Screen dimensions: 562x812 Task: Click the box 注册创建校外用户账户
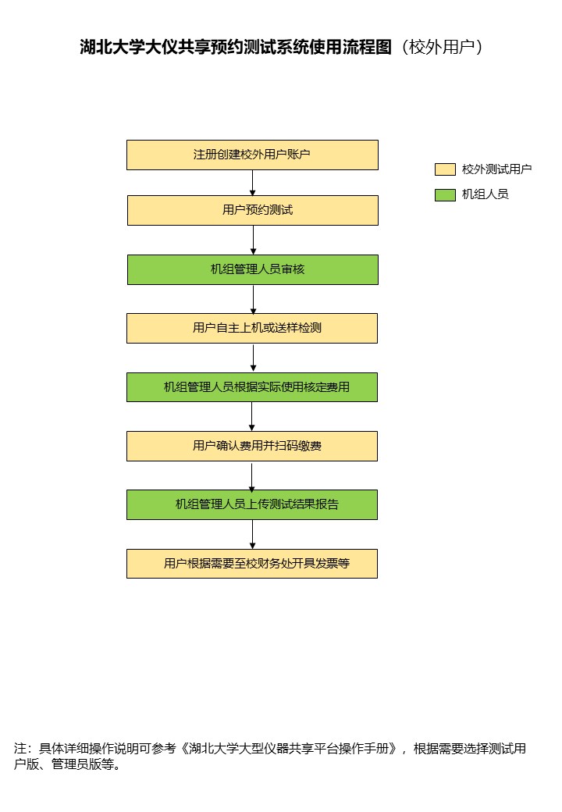point(253,155)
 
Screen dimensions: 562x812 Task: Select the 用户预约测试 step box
point(253,210)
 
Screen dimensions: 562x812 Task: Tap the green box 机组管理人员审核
point(253,270)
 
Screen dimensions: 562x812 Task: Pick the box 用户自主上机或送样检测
point(252,329)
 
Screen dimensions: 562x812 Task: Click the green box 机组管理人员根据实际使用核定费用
point(252,387)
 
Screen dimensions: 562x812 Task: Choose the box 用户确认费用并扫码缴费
point(252,447)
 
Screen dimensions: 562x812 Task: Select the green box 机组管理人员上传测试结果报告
point(252,505)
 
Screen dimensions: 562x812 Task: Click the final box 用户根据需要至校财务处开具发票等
point(252,564)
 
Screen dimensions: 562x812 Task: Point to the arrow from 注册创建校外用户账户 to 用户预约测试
point(253,183)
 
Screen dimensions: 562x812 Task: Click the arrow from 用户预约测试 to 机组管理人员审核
point(253,240)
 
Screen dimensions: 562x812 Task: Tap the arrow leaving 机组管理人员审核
point(253,299)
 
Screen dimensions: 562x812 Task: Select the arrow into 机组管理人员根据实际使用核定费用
point(253,358)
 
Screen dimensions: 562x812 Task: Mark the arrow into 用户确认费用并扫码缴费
point(252,417)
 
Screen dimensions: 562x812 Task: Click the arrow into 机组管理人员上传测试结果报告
point(252,476)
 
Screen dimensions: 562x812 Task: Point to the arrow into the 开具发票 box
point(253,534)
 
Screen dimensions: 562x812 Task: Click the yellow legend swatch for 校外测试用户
point(445,169)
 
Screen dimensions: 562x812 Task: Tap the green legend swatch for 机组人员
point(445,194)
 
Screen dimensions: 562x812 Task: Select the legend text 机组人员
point(485,194)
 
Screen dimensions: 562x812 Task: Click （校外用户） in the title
point(442,47)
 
